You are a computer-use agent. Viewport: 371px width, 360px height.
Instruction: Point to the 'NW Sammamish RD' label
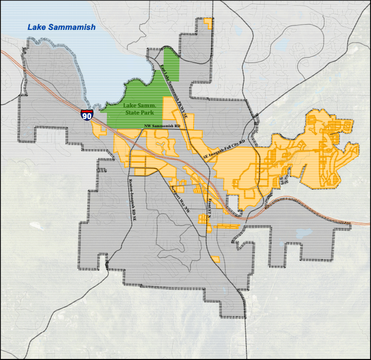[x=163, y=125]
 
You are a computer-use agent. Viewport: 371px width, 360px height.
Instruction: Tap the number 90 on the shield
[x=87, y=117]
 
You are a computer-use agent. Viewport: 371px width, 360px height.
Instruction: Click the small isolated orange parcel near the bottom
[x=215, y=259]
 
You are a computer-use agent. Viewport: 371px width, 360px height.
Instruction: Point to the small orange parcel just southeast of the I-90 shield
[x=100, y=130]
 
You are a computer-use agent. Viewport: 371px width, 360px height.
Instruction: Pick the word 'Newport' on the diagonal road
[x=175, y=194]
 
